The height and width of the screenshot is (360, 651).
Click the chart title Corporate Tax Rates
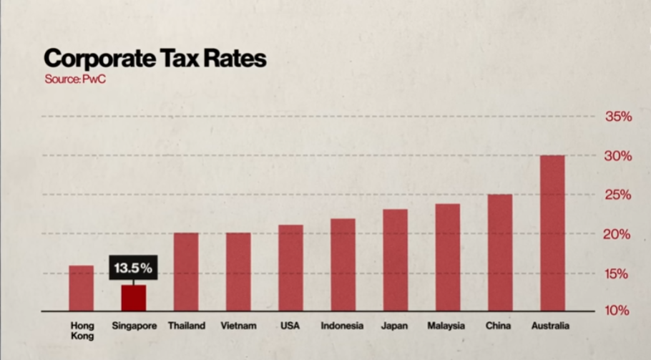coord(155,58)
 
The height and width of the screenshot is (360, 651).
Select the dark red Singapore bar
coord(133,298)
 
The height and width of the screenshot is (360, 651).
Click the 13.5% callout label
coord(133,268)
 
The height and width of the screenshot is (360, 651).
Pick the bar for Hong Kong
coord(81,288)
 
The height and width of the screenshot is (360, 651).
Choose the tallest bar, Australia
coord(552,233)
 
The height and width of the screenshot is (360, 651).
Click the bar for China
coord(500,253)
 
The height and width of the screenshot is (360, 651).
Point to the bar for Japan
coord(395,261)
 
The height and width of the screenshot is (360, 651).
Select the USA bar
coord(290,268)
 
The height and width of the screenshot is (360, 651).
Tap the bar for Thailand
coord(186,272)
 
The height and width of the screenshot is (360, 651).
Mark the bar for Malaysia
coord(448,258)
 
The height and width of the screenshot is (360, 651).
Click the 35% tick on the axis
coord(618,117)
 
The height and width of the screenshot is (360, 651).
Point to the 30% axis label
coord(618,156)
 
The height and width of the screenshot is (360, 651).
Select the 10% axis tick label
coord(618,311)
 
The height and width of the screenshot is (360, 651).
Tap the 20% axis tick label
coord(618,235)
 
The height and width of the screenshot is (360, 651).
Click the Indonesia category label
coord(342,326)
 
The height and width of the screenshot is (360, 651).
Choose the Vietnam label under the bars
coord(238,326)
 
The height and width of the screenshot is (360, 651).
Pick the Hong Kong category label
coord(82,330)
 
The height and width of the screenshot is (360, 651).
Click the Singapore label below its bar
coord(134,326)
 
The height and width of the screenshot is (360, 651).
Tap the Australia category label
coord(550,326)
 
